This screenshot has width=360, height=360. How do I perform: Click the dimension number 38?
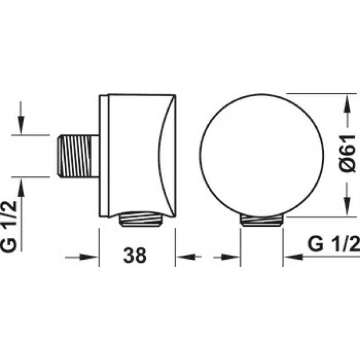(x=135, y=255)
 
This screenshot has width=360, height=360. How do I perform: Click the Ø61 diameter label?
(x=347, y=153)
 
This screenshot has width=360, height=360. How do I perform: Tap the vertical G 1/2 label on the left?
(x=9, y=227)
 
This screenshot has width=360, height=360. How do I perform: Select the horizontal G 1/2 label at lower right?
(x=334, y=244)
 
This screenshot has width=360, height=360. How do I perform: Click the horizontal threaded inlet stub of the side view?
(x=78, y=156)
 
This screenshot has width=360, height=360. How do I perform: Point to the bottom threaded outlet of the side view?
(x=141, y=219)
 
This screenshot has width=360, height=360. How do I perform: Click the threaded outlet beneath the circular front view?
(x=261, y=220)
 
